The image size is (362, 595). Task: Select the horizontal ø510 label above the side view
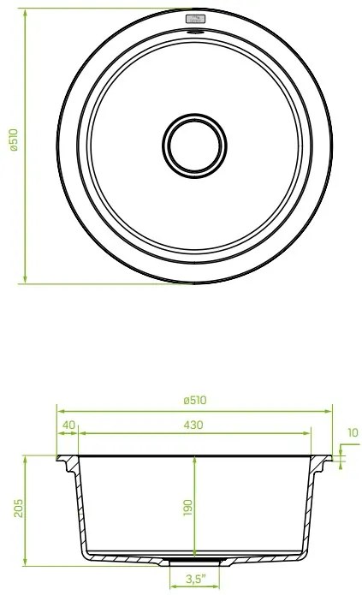[x=196, y=400]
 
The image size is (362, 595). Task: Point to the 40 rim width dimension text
[x=68, y=425]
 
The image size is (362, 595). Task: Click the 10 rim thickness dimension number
[x=353, y=432]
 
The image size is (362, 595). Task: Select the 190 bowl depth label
[x=188, y=507]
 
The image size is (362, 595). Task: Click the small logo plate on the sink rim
[x=195, y=18]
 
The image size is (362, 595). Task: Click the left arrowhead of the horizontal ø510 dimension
[x=60, y=409]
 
